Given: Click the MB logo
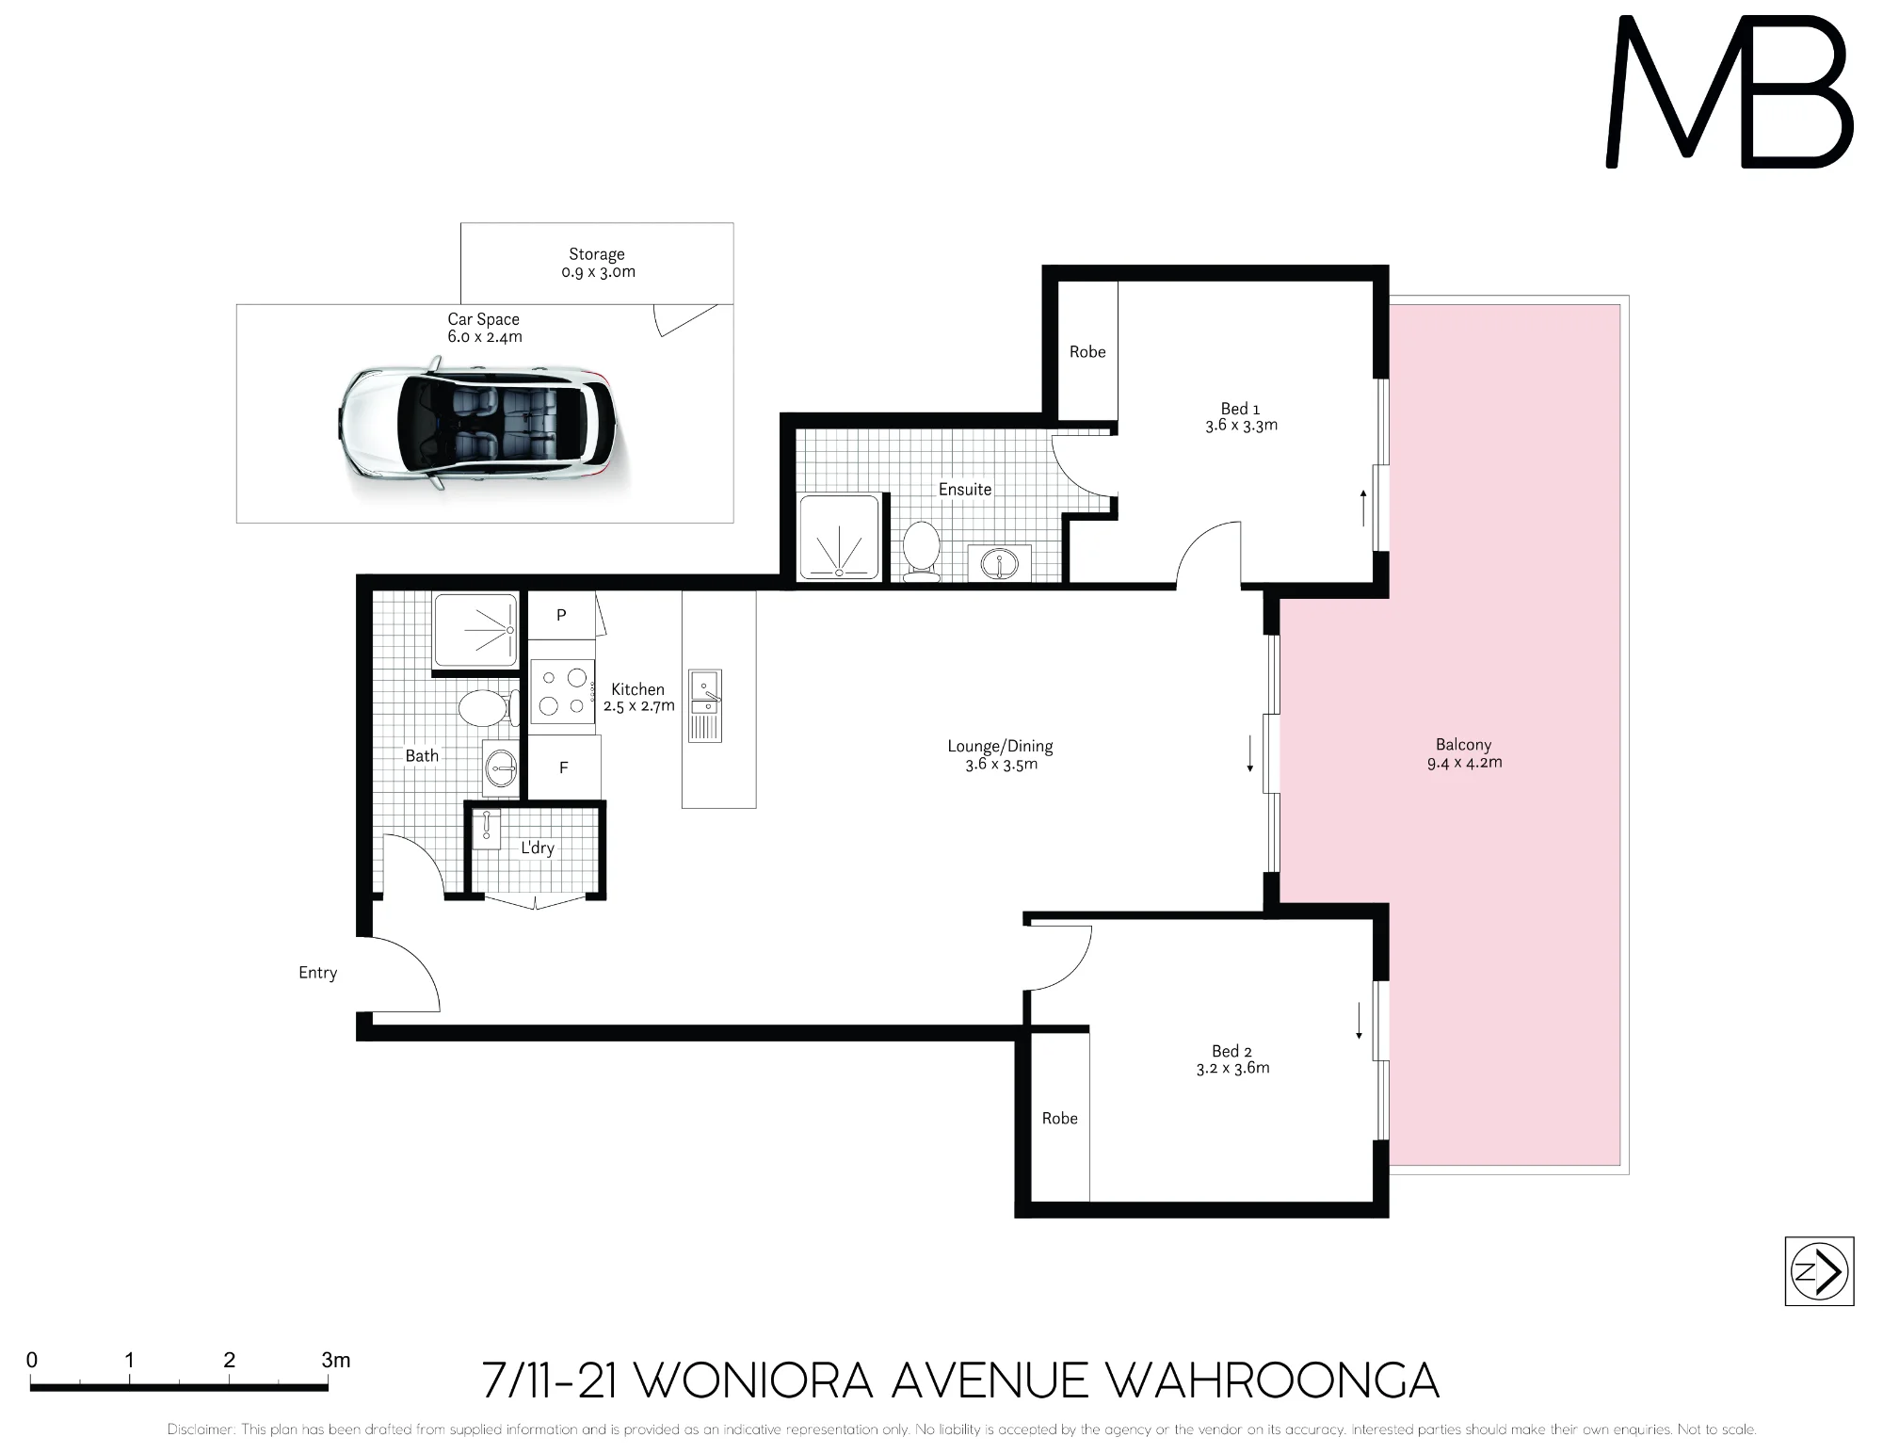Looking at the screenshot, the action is pyautogui.click(x=1729, y=93).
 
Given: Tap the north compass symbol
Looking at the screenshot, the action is pyautogui.click(x=1819, y=1271).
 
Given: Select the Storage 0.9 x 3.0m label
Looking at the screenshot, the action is pyautogui.click(x=597, y=263).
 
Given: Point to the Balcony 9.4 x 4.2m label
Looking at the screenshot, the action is pyautogui.click(x=1464, y=753).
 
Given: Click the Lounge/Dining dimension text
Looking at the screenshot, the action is pyautogui.click(x=1001, y=764).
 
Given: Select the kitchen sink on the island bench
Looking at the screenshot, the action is pyautogui.click(x=705, y=705).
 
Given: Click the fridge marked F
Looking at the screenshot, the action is pyautogui.click(x=564, y=767).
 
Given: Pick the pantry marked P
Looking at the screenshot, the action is pyautogui.click(x=561, y=615).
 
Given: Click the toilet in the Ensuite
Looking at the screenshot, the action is pyautogui.click(x=922, y=550).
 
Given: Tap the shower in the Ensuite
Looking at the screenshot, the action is pyautogui.click(x=839, y=537).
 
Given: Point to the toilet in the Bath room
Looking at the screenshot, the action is pyautogui.click(x=488, y=708).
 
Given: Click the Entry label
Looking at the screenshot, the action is pyautogui.click(x=317, y=973).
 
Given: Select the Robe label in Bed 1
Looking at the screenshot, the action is pyautogui.click(x=1087, y=351).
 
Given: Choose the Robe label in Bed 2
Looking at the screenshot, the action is pyautogui.click(x=1060, y=1118).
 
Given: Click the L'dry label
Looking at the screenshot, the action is pyautogui.click(x=538, y=848).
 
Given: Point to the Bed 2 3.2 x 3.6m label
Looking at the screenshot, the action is pyautogui.click(x=1232, y=1059).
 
